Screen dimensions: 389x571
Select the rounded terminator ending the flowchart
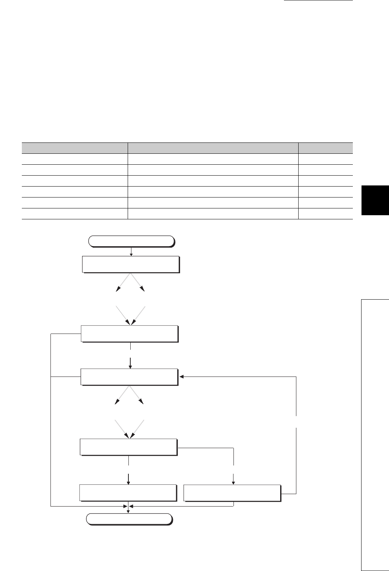coord(129,519)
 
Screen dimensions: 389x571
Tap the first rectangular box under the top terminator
coord(130,264)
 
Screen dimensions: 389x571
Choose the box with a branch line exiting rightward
coord(128,447)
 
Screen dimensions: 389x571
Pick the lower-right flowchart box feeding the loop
coord(232,493)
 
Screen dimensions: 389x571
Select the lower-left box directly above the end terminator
coord(128,493)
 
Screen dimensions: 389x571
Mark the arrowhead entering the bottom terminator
coord(129,511)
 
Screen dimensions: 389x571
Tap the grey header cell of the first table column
coord(75,148)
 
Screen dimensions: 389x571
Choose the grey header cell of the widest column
coord(213,148)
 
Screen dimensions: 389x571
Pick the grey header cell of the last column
coord(325,148)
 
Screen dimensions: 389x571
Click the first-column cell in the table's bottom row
coord(75,214)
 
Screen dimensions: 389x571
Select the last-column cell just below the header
coord(325,159)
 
